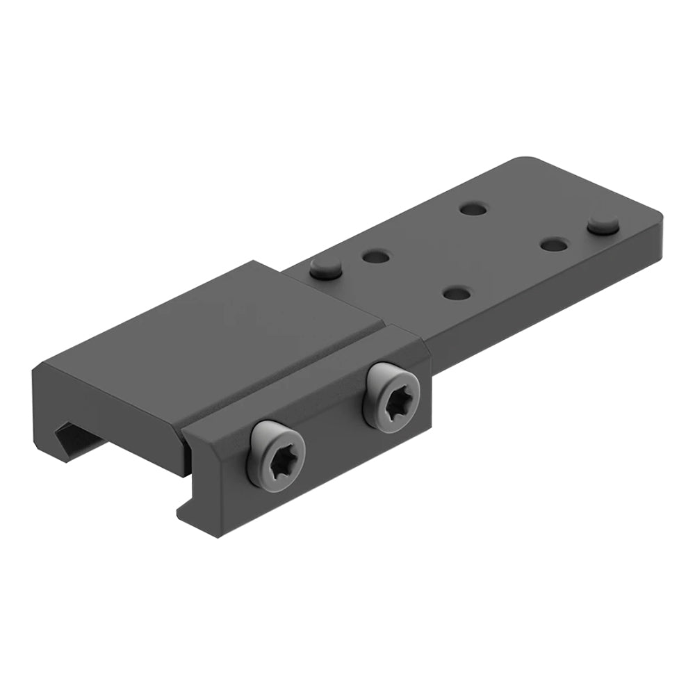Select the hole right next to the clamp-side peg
click(375, 256)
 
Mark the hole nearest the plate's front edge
click(456, 293)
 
